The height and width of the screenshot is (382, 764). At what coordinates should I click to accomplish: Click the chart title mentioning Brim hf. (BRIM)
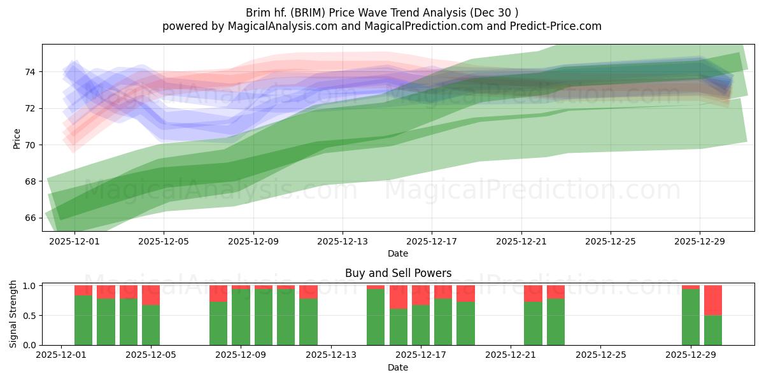[381, 13]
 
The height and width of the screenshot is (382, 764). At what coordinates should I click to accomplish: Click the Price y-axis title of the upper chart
[17, 138]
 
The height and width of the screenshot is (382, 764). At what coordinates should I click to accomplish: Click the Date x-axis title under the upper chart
[398, 253]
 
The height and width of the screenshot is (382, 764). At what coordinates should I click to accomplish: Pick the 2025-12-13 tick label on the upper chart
[343, 242]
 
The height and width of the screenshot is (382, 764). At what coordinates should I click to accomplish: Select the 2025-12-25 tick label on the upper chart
[610, 242]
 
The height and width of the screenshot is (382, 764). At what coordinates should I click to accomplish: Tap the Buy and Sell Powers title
[398, 273]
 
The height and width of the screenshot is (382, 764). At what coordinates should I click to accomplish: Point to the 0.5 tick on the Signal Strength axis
[30, 315]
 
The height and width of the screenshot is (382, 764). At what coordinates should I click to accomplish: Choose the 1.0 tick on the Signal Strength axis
[30, 286]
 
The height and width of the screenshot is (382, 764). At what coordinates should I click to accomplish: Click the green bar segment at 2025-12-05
[151, 325]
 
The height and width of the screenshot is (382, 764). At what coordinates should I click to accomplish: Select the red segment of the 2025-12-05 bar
[151, 295]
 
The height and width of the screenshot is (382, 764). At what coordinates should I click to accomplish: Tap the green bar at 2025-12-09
[241, 317]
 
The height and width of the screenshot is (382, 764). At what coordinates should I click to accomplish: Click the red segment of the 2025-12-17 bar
[421, 295]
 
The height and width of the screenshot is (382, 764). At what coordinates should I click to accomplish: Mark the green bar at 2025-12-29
[691, 317]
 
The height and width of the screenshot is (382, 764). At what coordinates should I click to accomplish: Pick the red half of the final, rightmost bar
[713, 301]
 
